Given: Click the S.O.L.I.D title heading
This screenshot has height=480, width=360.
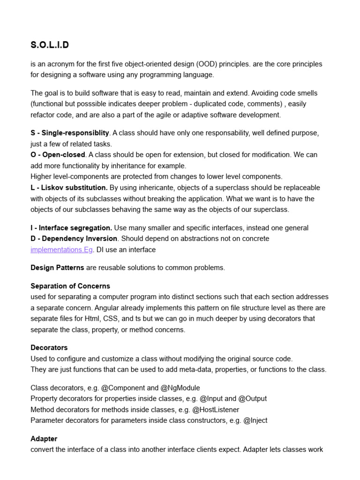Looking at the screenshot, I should point(49,45).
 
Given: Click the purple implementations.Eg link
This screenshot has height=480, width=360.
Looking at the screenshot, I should point(61,250).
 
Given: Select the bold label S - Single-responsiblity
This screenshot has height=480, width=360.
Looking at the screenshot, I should point(70,133).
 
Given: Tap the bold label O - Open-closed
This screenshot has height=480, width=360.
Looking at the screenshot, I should point(58,155).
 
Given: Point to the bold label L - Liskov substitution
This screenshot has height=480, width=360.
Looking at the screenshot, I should point(69,187).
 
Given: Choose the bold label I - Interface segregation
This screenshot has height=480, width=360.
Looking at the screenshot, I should point(71,228).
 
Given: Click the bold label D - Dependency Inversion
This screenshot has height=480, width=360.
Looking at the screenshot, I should point(74,239).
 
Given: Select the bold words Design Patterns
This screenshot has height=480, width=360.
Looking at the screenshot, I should point(57,268).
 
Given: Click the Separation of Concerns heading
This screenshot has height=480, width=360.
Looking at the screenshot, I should point(70,286).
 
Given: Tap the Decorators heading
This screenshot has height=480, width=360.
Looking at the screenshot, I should point(49,348).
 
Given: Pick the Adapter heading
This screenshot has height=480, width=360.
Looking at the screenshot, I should point(44,439).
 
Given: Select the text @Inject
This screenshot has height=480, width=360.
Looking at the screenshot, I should point(255,420).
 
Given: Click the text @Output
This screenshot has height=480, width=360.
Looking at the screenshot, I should point(253,398).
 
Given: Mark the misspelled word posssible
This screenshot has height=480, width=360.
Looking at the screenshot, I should point(97,104).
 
